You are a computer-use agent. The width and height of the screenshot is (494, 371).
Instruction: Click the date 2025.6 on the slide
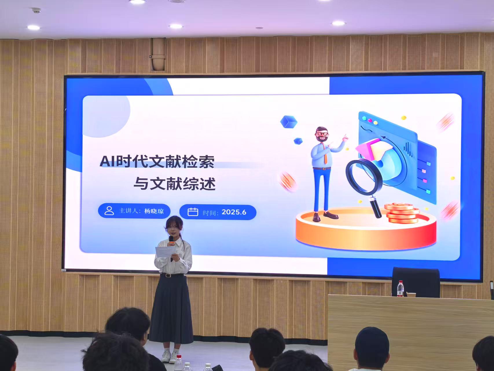[x=234, y=212]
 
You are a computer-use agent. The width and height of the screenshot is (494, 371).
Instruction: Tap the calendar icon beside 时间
[x=193, y=212]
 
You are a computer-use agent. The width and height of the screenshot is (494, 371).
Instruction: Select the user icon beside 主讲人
[x=109, y=211]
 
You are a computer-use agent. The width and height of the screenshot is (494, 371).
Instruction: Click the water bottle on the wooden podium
[x=400, y=289]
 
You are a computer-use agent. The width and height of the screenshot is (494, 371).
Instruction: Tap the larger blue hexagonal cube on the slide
[x=289, y=122]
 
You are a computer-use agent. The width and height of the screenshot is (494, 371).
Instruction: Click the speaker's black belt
[x=173, y=275]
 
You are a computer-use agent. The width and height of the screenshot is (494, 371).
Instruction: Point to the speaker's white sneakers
[x=170, y=357]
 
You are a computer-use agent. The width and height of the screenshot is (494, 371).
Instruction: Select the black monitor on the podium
[x=416, y=282]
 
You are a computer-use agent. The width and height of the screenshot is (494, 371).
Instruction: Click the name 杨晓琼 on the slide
[x=154, y=211]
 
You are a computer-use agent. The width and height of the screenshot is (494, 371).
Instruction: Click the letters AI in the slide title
[x=108, y=161]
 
